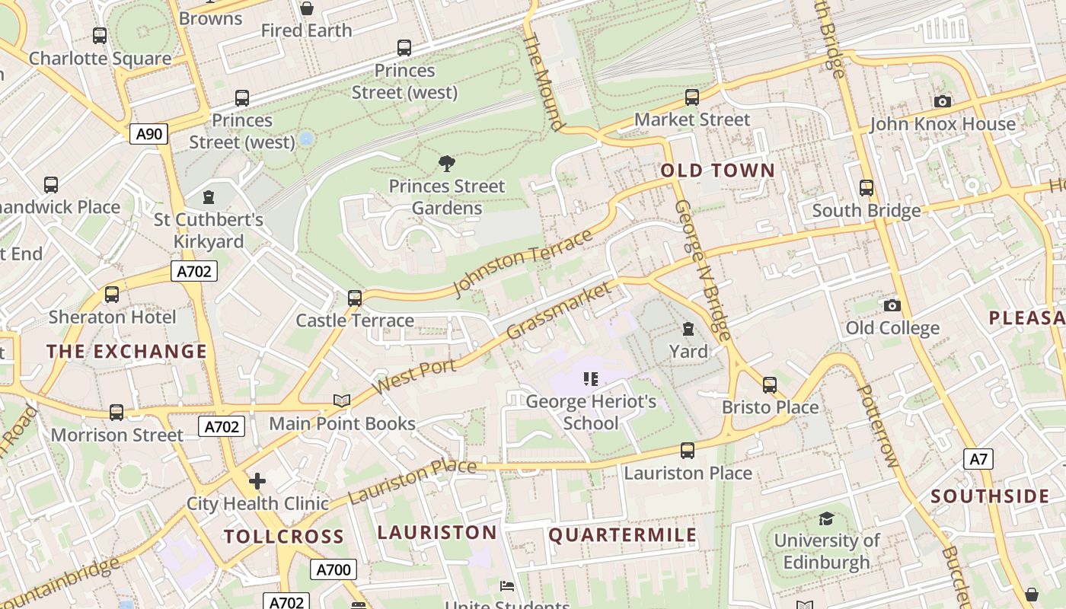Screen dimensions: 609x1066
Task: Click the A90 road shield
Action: pos(148,135)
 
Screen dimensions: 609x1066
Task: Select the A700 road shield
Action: pos(333,569)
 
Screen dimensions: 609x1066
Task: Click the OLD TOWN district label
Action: pos(717,171)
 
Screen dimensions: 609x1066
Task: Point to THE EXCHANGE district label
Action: pos(126,351)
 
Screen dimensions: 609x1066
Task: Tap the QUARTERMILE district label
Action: pos(622,535)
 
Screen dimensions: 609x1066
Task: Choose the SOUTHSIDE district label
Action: pos(990,496)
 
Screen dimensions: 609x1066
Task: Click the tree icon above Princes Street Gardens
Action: pos(447,163)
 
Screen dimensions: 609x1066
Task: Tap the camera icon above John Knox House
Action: pos(942,101)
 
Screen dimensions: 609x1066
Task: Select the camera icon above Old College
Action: pos(892,305)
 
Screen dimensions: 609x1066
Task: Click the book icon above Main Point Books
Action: pos(342,400)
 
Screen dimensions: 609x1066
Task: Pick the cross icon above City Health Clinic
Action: pos(257,481)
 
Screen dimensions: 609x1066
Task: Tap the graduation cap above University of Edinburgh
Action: pos(826,518)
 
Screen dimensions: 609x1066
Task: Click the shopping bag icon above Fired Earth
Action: pos(306,8)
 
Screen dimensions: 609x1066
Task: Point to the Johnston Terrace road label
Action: pos(522,263)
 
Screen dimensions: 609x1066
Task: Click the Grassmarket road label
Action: pos(559,311)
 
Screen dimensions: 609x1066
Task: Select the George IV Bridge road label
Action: pos(702,270)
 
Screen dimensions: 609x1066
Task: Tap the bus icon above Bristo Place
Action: pos(770,384)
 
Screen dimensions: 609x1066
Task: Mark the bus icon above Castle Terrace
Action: pos(355,298)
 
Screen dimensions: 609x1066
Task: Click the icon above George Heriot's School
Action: pos(591,378)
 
